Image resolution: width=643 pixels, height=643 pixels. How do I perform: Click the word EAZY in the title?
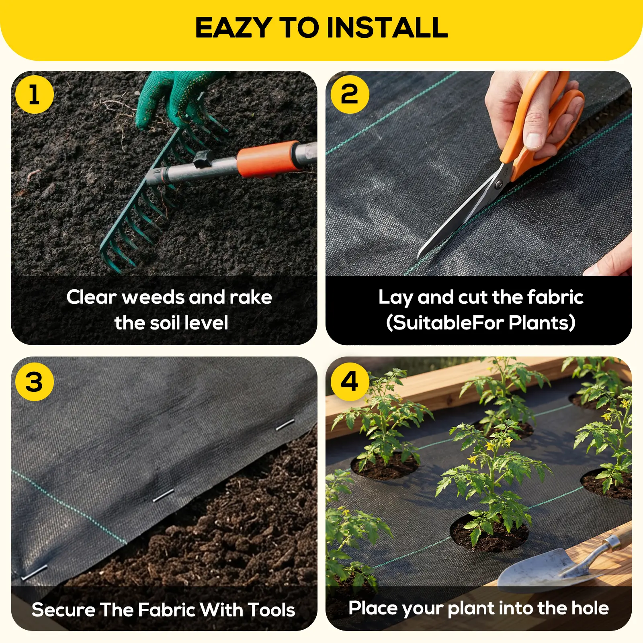[233, 28]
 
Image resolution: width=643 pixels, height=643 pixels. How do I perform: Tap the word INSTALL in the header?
[387, 28]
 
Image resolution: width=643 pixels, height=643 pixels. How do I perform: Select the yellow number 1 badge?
[35, 94]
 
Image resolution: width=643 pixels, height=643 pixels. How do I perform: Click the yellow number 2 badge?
[350, 94]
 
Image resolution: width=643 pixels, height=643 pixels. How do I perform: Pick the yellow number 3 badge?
[35, 381]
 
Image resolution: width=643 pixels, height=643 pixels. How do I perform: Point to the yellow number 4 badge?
[350, 381]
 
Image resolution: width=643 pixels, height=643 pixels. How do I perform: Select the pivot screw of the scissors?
[499, 184]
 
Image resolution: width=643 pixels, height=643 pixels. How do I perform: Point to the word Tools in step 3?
[271, 610]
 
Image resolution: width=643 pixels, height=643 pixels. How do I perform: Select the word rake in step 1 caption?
[251, 297]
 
